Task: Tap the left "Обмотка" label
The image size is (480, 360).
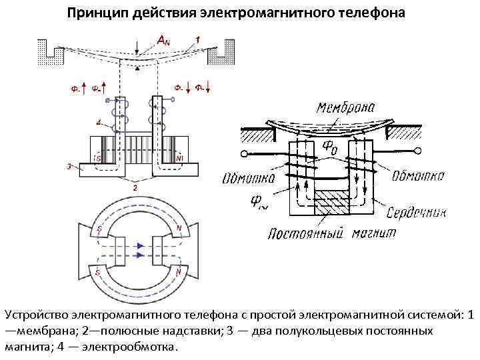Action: point(247,178)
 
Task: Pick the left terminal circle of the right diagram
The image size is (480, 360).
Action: point(245,155)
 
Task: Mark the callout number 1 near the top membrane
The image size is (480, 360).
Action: point(197,39)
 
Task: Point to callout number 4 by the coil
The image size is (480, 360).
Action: point(98,123)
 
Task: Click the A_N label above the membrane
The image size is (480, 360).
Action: point(162,41)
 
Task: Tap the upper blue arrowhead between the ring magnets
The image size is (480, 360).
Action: point(141,245)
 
